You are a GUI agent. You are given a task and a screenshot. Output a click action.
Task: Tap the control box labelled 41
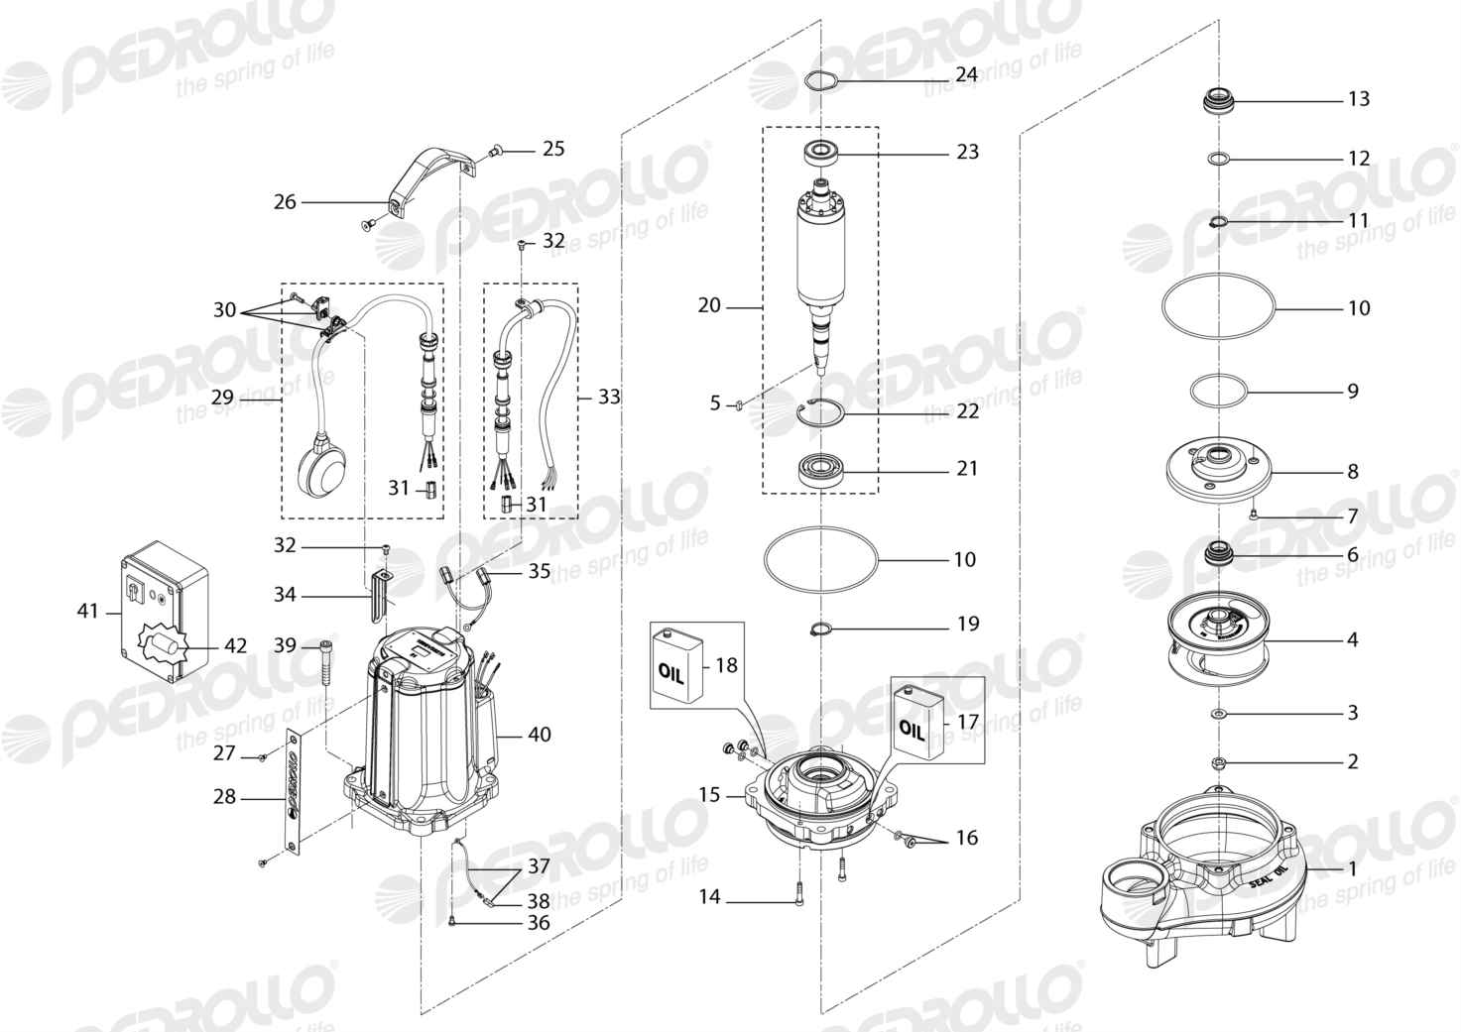tap(165, 611)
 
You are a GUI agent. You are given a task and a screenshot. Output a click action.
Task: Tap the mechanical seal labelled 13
tap(1218, 102)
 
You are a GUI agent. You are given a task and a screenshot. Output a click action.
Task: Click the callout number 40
tap(539, 734)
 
